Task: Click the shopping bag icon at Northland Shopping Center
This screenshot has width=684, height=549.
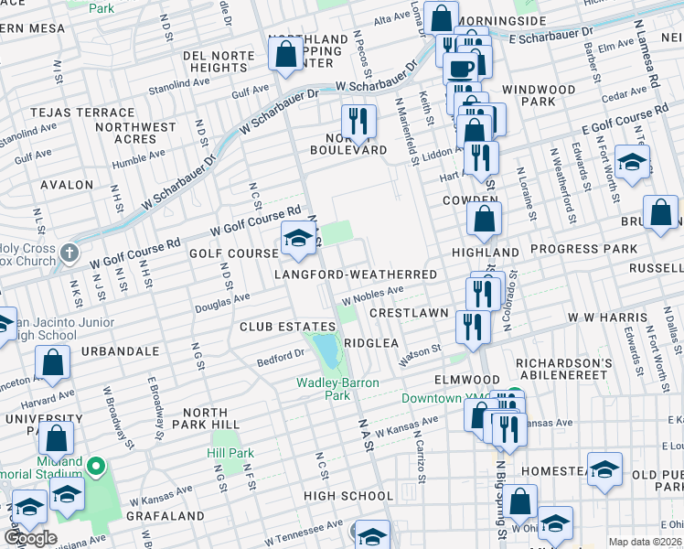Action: [286, 54]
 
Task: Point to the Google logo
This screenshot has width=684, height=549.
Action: [31, 538]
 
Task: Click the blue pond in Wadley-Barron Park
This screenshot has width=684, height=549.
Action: [326, 349]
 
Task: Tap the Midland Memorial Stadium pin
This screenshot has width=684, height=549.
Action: [96, 468]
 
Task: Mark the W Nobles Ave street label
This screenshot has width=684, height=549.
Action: [372, 295]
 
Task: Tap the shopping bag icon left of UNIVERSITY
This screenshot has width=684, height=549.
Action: [56, 438]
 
